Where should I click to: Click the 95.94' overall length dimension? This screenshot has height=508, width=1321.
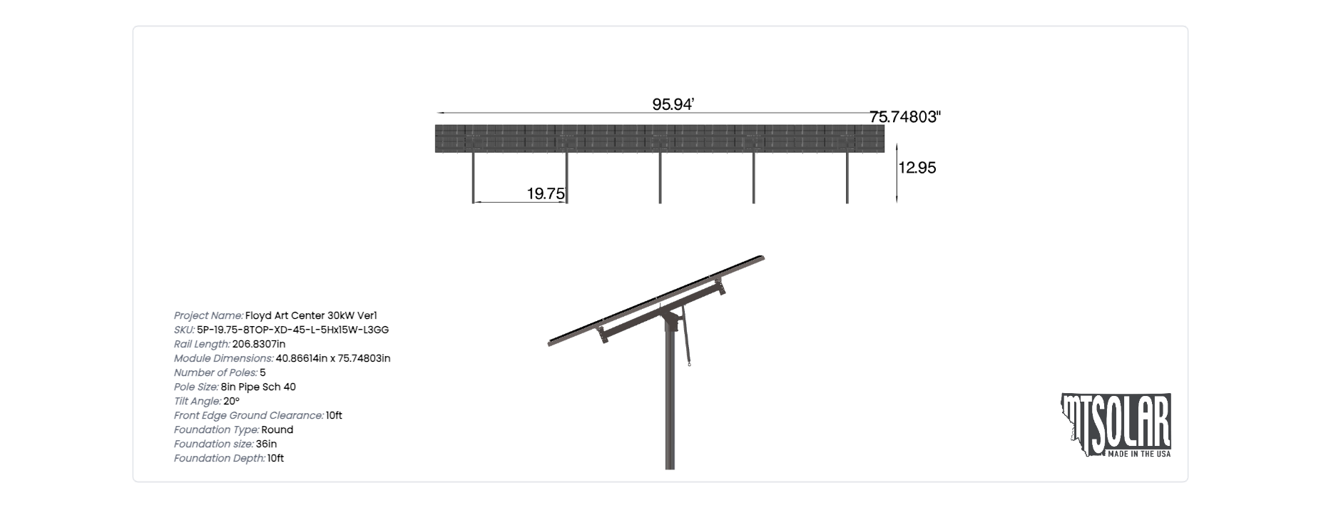673,104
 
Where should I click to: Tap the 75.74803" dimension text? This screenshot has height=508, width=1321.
905,117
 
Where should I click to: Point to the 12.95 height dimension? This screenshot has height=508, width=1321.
917,168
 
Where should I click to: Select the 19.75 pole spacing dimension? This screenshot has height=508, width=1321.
546,193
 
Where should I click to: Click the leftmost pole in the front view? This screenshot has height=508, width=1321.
473,178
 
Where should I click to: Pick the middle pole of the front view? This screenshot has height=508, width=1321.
660,178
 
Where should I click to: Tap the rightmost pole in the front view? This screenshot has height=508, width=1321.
847,178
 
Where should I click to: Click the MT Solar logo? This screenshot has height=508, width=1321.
1116,425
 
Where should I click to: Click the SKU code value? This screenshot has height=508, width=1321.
292,330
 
